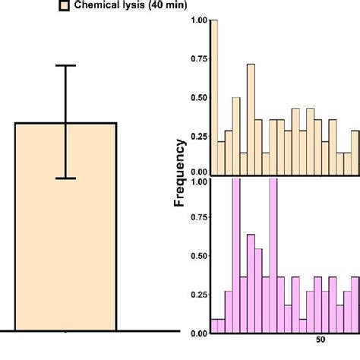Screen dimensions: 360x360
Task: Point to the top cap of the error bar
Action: click(65, 66)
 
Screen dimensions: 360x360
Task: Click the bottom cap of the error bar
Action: click(65, 178)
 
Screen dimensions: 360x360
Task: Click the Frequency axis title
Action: click(182, 172)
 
